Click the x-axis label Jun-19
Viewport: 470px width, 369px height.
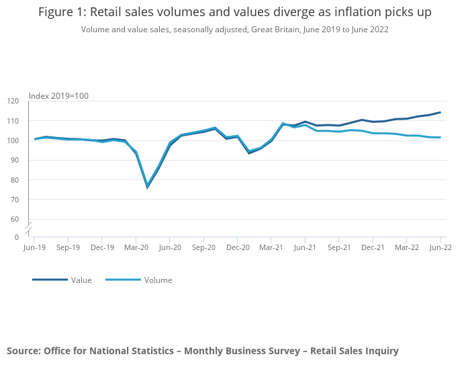point(34,247)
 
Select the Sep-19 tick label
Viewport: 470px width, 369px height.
point(68,247)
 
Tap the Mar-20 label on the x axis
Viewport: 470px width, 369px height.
point(136,247)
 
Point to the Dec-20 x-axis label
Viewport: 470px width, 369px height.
point(238,247)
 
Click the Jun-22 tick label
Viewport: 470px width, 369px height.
point(440,247)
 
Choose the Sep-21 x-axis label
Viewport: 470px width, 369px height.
point(339,247)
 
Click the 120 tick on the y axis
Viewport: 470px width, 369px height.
point(13,101)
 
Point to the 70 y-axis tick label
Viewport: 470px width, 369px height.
point(15,200)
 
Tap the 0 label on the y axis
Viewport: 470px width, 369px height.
point(17,237)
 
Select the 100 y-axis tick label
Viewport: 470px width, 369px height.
point(13,140)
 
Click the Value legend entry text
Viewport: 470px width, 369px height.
point(81,280)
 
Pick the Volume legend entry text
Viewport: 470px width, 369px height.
point(158,280)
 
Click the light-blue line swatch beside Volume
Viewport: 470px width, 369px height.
point(123,280)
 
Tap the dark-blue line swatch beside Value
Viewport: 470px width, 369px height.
point(50,280)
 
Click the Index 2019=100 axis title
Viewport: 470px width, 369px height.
point(58,95)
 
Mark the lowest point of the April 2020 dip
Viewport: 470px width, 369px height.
point(147,186)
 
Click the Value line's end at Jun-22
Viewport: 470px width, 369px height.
point(440,112)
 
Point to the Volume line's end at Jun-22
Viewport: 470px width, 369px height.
point(440,138)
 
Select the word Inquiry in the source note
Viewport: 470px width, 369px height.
point(380,350)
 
